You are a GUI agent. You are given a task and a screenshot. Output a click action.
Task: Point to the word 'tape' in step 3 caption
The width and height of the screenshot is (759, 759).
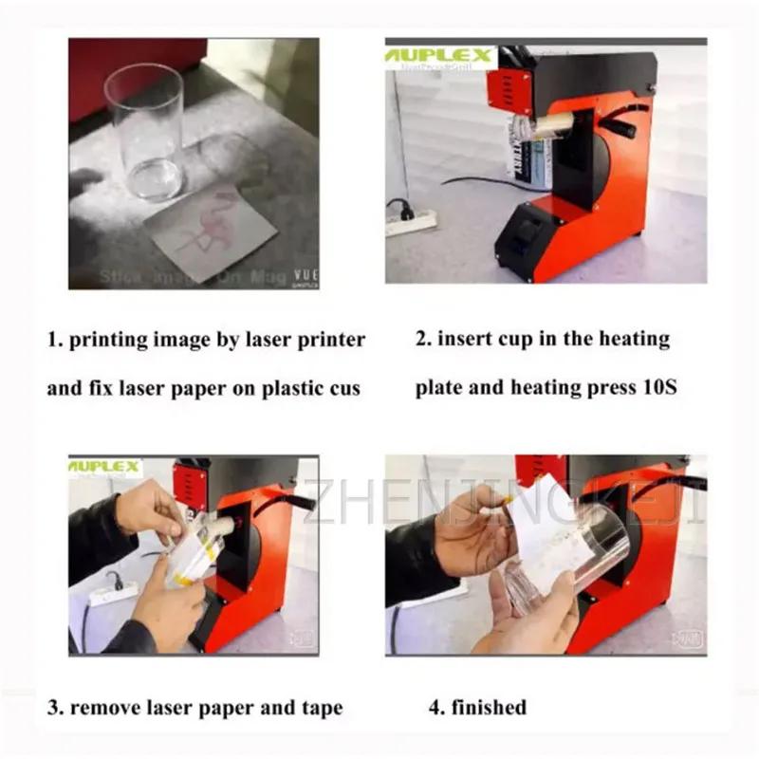320,707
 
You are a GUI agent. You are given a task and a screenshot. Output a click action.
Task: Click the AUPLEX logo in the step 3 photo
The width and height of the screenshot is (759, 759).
105,468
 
